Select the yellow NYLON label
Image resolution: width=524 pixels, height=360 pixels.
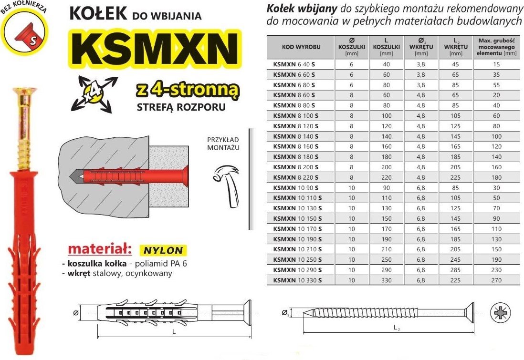tap(162, 250)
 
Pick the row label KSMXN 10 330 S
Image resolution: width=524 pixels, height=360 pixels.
tap(296, 281)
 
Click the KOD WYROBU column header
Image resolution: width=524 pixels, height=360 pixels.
tap(301, 47)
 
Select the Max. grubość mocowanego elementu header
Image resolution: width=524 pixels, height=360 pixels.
tap(497, 47)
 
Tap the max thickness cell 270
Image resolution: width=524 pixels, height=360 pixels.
tap(497, 281)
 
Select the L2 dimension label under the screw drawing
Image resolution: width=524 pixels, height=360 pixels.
tap(397, 328)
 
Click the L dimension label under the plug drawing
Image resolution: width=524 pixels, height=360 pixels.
tap(174, 331)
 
